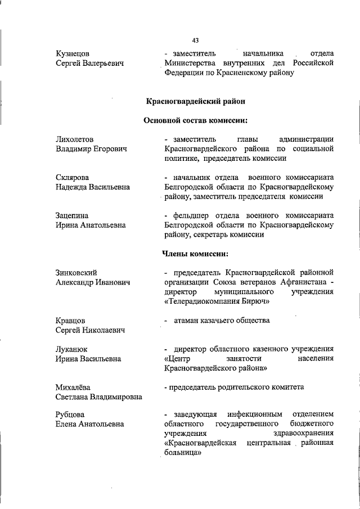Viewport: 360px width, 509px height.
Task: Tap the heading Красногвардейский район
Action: pyautogui.click(x=195, y=101)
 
